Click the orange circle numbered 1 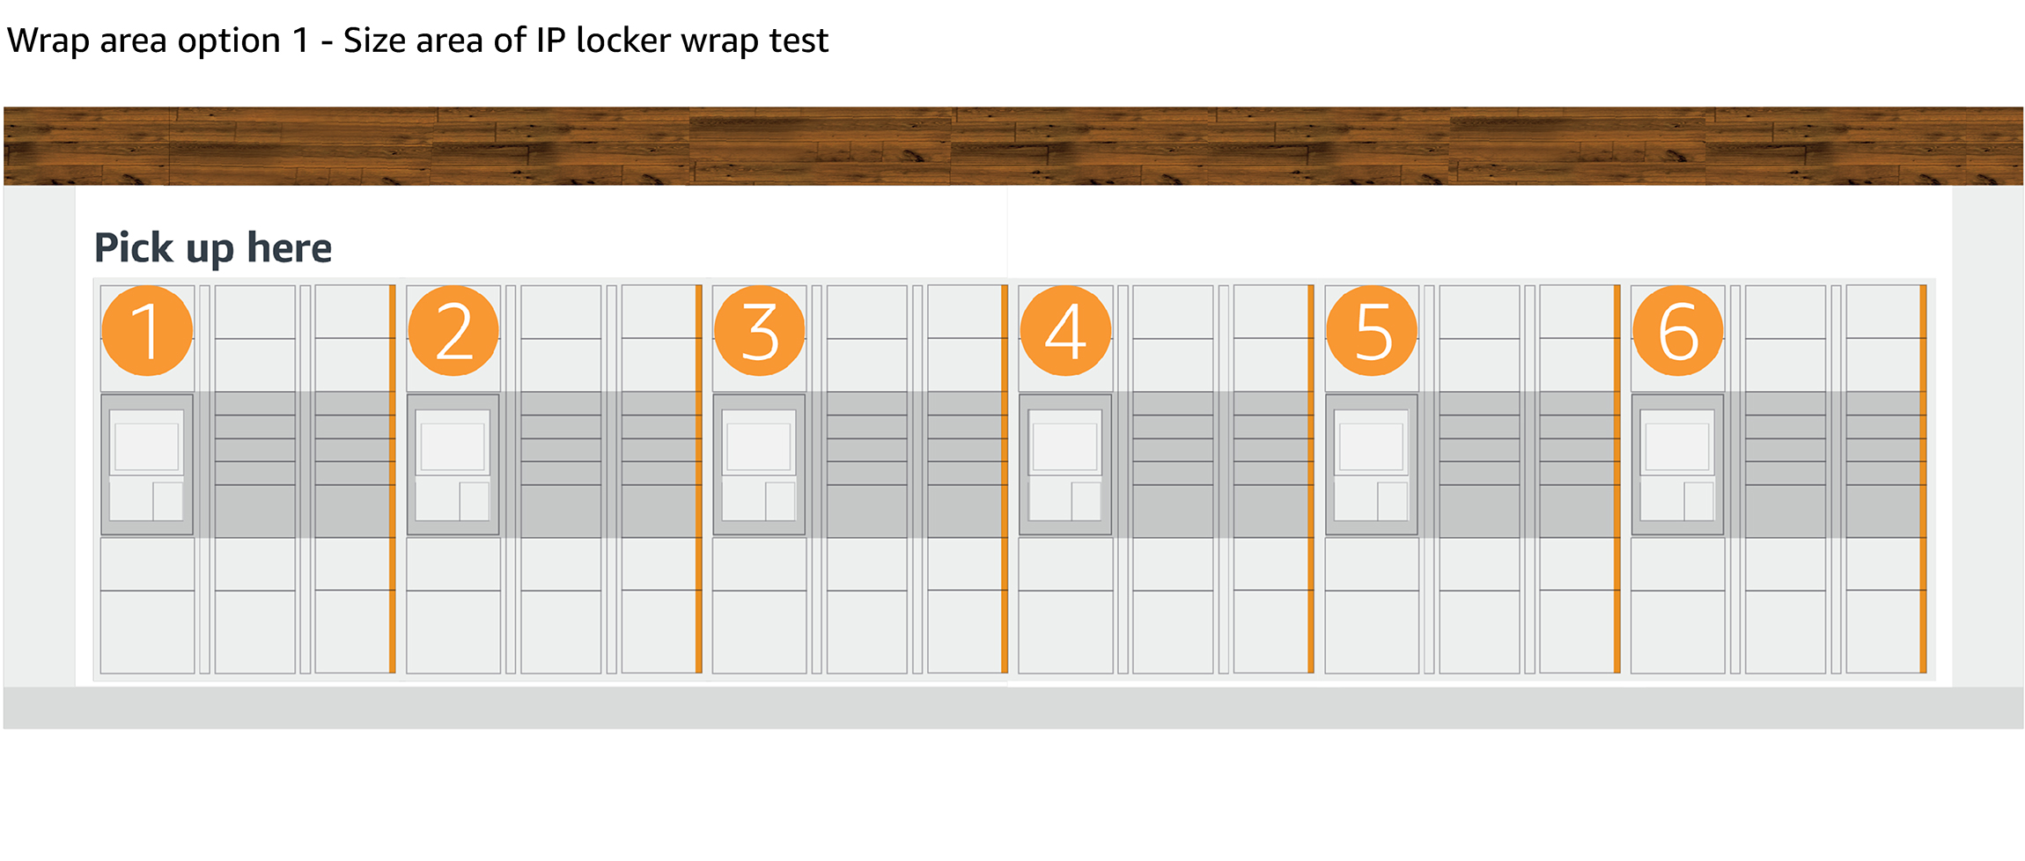(x=147, y=331)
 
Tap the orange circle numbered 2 (x=453, y=331)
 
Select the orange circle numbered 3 (x=759, y=331)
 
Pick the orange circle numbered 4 (x=1065, y=331)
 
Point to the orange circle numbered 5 (x=1372, y=331)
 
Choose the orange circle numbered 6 (x=1677, y=331)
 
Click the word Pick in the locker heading (x=134, y=248)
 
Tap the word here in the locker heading (x=289, y=248)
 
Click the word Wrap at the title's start (x=48, y=41)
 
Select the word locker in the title (x=623, y=40)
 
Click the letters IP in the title (x=550, y=40)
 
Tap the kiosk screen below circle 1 (x=147, y=446)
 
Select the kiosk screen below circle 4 (x=1065, y=446)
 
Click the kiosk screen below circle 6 (x=1677, y=446)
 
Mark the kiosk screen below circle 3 (x=759, y=446)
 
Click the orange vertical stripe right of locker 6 (x=1923, y=479)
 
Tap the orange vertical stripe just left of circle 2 (x=393, y=479)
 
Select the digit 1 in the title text (x=301, y=40)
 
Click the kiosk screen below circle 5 (x=1372, y=446)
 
